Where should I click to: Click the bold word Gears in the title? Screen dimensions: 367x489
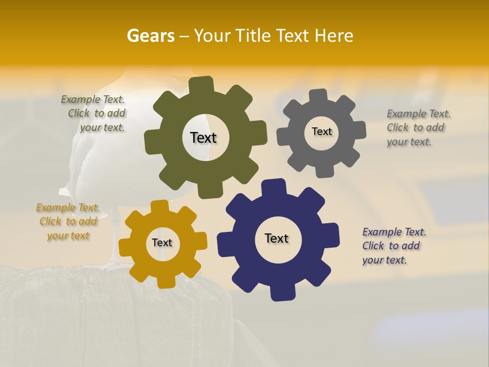pyautogui.click(x=150, y=36)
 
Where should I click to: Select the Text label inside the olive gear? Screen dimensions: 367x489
pyautogui.click(x=203, y=138)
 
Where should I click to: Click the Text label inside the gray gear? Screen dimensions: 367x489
pyautogui.click(x=321, y=132)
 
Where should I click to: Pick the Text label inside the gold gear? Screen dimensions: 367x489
pyautogui.click(x=162, y=243)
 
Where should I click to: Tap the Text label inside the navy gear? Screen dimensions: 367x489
pyautogui.click(x=277, y=238)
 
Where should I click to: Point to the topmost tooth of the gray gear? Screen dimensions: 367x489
pyautogui.click(x=318, y=96)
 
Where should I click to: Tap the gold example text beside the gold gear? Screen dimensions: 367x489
pyautogui.click(x=68, y=222)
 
